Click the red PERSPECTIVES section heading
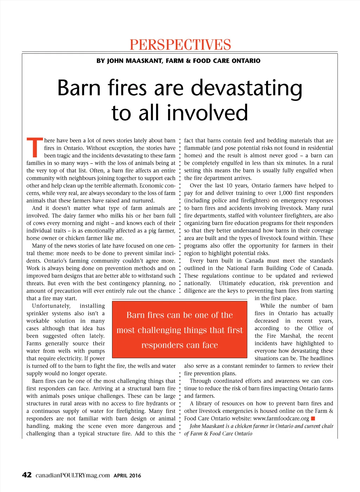tap(180, 45)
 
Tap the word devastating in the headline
tap(246, 88)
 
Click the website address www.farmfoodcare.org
tap(281, 419)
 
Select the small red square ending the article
tap(313, 419)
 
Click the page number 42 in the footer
tap(27, 475)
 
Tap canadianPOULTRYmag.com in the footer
tap(73, 475)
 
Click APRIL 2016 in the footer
tap(127, 476)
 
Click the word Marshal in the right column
tap(290, 336)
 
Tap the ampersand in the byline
tap(188, 61)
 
